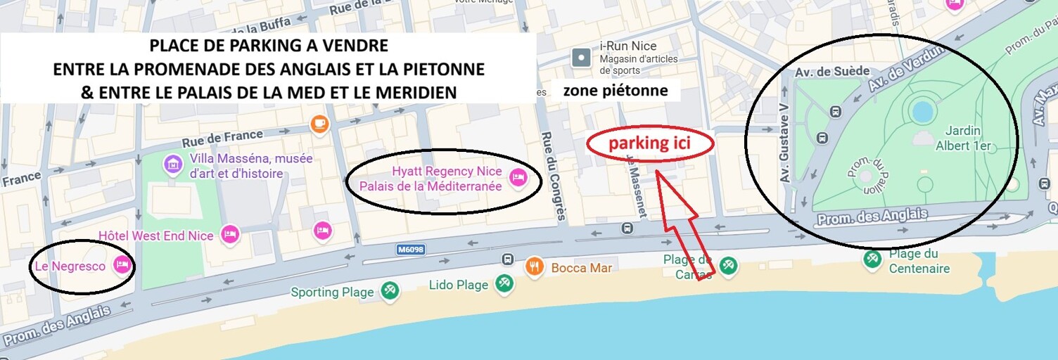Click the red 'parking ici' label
pos(650,143)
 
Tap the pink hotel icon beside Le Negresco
pos(122,265)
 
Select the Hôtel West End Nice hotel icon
pos(230,235)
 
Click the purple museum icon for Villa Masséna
pos(172,165)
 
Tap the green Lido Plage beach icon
pos(503,283)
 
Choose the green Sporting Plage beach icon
pos(389,291)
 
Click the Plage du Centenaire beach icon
pos(873,259)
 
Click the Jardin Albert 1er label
pos(963,139)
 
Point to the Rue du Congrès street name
pos(553,176)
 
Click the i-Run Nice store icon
pos(581,58)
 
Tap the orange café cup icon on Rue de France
pos(320,124)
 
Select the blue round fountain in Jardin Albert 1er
pos(921,110)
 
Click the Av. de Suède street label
pos(832,72)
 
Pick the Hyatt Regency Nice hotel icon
pos(518,178)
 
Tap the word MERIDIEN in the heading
pos(421,92)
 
